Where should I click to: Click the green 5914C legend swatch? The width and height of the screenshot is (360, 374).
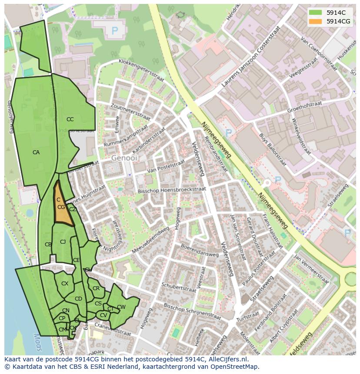[316, 13]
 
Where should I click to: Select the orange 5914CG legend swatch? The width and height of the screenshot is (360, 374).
[316, 21]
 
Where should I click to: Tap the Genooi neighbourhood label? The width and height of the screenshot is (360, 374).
[124, 158]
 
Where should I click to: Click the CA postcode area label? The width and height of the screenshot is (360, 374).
[36, 152]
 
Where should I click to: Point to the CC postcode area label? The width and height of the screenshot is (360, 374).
[70, 119]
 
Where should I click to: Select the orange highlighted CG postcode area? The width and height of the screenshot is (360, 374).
[62, 209]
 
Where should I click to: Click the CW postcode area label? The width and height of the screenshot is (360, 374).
[121, 307]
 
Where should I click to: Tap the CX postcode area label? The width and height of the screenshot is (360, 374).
[65, 284]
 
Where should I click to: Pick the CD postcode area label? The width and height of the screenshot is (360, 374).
[78, 299]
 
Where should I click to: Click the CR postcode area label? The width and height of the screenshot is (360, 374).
[96, 288]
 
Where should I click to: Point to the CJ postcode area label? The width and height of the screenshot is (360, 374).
[63, 242]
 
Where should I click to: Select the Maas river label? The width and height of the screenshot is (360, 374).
[37, 341]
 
